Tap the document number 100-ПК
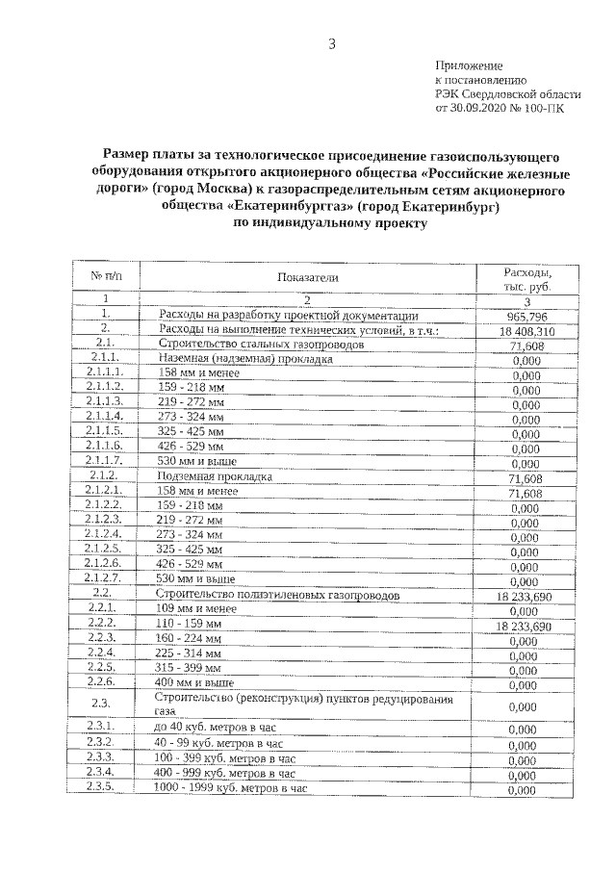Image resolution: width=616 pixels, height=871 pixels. [545, 110]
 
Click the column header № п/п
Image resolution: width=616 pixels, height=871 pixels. [107, 276]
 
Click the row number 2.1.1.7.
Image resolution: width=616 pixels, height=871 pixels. [104, 462]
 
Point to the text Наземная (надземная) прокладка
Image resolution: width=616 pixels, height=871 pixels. [245, 359]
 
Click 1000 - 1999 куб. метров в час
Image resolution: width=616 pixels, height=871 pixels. [232, 787]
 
